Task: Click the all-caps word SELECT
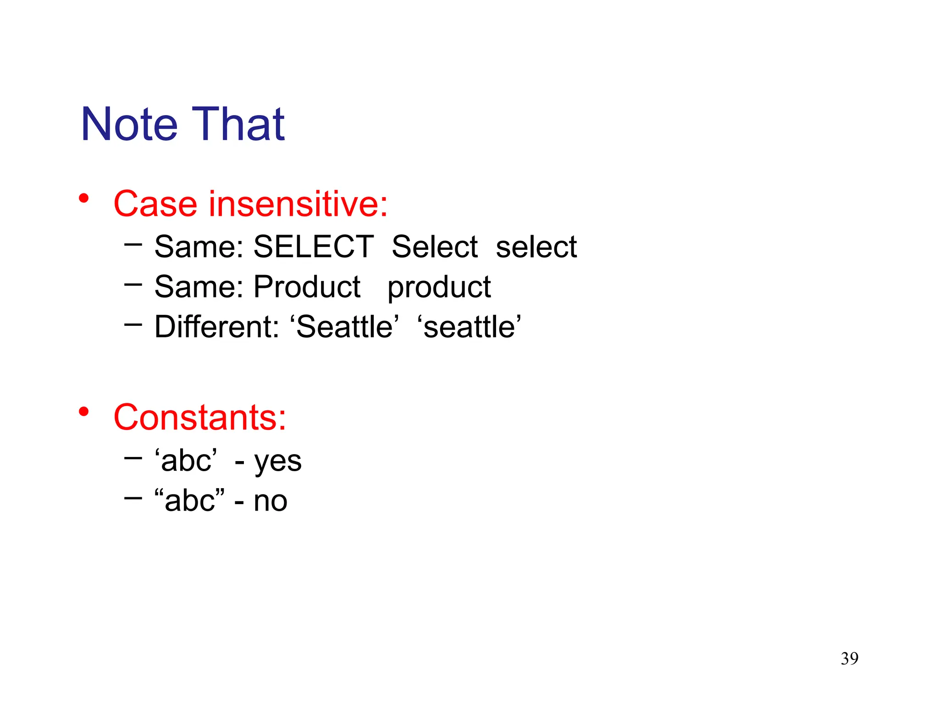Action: click(314, 247)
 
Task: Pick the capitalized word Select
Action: click(435, 247)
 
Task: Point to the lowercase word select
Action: click(536, 247)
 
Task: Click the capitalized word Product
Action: click(307, 287)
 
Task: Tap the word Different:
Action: click(217, 327)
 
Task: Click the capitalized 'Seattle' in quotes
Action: click(344, 327)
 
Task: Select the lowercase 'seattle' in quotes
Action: click(469, 327)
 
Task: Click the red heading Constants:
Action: click(200, 418)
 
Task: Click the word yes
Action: click(278, 461)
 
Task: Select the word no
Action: click(271, 501)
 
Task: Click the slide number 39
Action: click(849, 659)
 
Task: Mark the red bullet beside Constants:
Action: click(83, 412)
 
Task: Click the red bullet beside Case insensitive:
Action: click(83, 198)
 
